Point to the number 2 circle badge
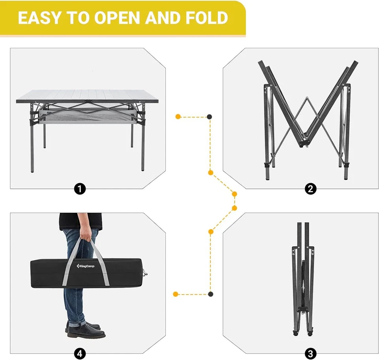coord(311,189)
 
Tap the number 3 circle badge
coord(311,353)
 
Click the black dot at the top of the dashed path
coord(210,116)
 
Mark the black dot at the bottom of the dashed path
coord(210,294)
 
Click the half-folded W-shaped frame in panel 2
coord(306,114)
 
